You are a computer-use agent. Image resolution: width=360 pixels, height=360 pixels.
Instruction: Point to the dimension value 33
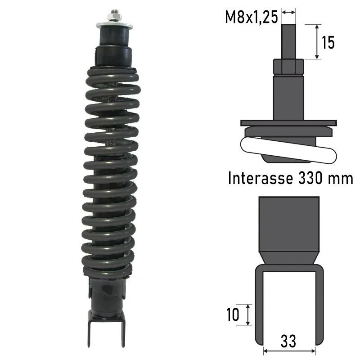(x=288, y=341)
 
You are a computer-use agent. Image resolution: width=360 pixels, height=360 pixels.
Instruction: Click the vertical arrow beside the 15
(x=317, y=41)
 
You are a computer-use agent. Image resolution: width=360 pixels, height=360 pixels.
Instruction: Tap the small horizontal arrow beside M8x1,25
(x=288, y=12)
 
